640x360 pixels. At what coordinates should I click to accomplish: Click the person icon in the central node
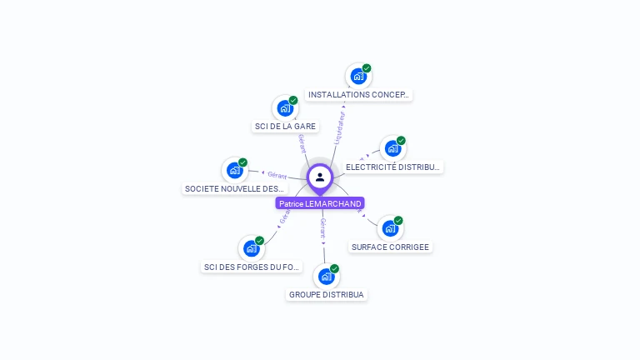coord(320,177)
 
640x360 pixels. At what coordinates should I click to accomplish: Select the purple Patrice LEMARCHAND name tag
coord(320,203)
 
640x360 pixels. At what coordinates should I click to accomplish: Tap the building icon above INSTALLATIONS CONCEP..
coord(358,76)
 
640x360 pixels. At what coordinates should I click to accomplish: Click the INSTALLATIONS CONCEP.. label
coord(358,95)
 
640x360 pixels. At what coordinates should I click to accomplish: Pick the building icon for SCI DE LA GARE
coord(285,107)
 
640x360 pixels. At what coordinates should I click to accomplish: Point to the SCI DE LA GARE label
coord(285,127)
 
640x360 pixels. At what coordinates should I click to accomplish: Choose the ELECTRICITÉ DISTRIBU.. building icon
coord(392,148)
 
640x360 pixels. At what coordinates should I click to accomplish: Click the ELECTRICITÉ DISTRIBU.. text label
coord(392,167)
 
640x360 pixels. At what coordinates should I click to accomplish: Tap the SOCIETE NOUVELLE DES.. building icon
coord(234,170)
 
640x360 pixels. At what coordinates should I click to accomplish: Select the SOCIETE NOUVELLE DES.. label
coord(234,189)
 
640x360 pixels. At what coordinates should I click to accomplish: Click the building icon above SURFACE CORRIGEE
coord(390,228)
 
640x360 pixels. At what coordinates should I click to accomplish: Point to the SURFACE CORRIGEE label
coord(390,247)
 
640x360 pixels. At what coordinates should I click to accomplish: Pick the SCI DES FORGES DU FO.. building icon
coord(251,248)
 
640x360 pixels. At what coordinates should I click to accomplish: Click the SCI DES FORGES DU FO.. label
coord(251,267)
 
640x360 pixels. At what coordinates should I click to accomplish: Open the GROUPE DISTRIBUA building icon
coord(326,276)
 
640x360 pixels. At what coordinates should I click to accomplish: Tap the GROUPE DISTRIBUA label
coord(326,295)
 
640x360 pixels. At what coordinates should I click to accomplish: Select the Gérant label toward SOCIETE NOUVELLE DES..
coord(277,175)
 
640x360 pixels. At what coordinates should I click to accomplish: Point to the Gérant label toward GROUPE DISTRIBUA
coord(323,228)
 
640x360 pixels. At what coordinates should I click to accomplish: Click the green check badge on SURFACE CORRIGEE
coord(398,221)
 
